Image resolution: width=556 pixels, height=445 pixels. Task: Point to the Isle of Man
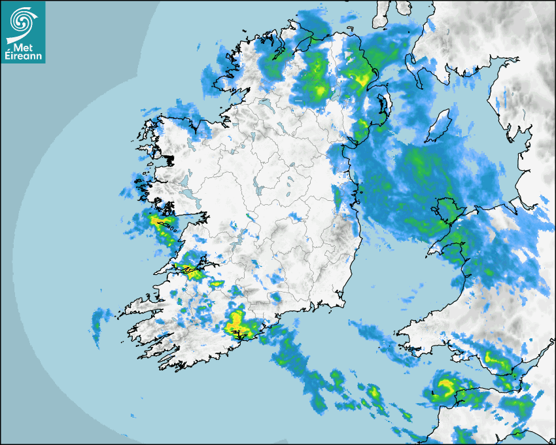pyautogui.click(x=440, y=124)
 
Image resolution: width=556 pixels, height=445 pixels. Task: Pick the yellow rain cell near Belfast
pyautogui.click(x=361, y=80)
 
